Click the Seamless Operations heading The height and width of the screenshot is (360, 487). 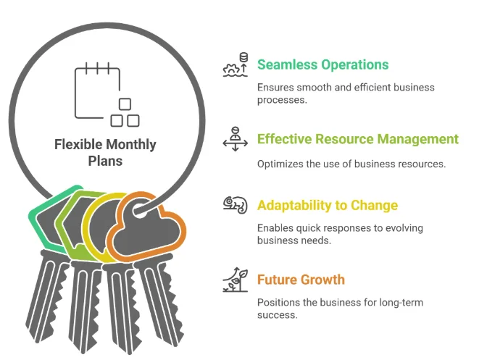tap(322, 65)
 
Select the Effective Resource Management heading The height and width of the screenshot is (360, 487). tap(358, 139)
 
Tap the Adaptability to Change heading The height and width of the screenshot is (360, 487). tap(328, 206)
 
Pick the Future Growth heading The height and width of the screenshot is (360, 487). tap(301, 280)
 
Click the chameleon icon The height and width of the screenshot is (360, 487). tap(235, 205)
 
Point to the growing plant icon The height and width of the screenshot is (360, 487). tap(235, 280)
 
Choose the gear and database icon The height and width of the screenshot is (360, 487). tap(235, 64)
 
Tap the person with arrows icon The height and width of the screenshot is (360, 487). tap(235, 139)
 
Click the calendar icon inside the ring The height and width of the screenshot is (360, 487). tap(107, 95)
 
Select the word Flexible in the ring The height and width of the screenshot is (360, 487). tap(78, 145)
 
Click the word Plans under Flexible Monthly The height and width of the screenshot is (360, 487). tap(105, 161)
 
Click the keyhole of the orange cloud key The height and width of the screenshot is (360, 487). tap(141, 210)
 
